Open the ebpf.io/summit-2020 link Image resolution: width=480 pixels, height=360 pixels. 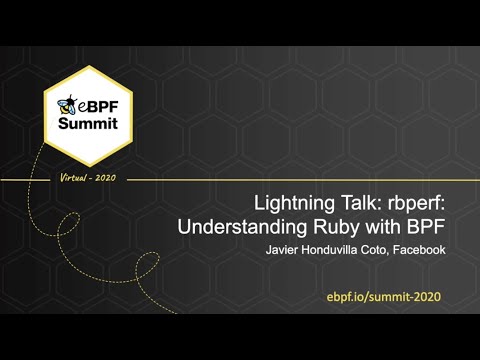click(x=383, y=298)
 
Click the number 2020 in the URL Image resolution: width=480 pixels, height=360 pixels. click(x=423, y=298)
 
